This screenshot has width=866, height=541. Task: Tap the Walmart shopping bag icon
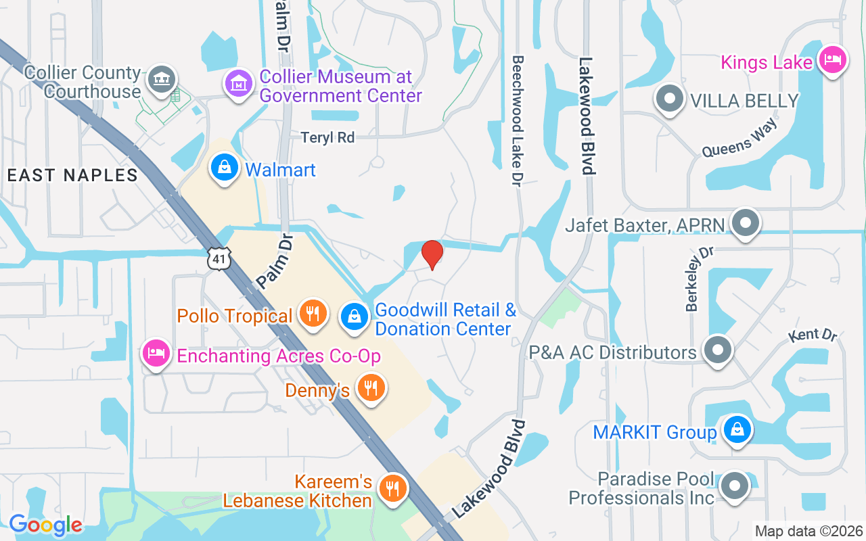coord(224,168)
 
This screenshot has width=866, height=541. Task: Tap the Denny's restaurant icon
coord(369,388)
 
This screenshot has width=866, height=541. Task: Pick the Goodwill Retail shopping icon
coord(353,314)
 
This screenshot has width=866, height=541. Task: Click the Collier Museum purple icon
coord(238,85)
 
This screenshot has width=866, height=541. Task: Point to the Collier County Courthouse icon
coord(163,79)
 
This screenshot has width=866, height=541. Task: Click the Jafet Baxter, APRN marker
coord(746,222)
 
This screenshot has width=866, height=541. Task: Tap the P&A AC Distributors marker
coord(718,350)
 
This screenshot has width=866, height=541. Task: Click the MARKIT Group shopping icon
coord(737,430)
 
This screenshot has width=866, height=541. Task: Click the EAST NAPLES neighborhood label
coord(72,175)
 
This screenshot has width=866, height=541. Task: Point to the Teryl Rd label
coord(328,137)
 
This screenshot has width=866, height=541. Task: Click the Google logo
coord(45,525)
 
